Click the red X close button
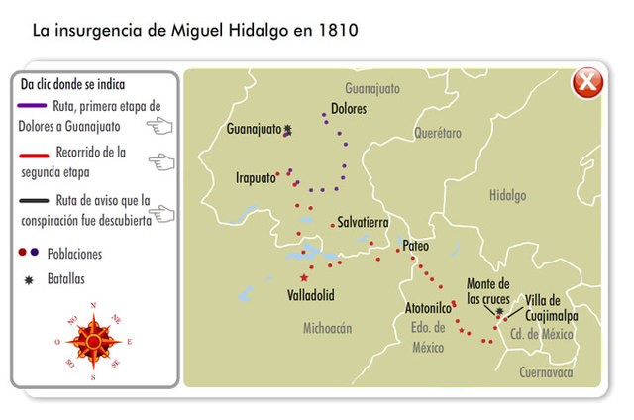tap(587, 83)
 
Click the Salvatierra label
tap(363, 222)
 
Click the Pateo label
tap(417, 244)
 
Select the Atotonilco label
tap(429, 308)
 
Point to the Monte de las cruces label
tap(487, 291)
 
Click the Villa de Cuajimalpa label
tap(551, 308)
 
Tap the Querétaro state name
tap(437, 131)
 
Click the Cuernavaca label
tap(546, 372)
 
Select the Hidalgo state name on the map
tap(507, 196)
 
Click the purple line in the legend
tap(33, 103)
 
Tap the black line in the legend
tap(33, 200)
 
